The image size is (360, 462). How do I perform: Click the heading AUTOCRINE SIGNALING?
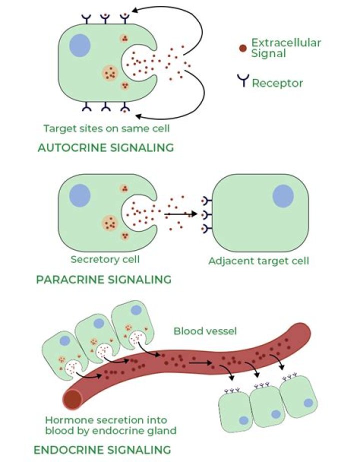105,147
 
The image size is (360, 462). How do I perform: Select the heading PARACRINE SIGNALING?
104,279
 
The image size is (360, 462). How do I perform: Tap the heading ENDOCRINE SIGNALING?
102,449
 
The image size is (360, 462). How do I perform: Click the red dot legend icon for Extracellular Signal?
242,48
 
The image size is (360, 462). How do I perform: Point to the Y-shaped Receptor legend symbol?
243,81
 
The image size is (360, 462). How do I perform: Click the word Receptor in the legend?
277,82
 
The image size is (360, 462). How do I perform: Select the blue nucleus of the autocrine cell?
79,46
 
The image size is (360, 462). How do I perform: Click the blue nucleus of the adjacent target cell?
283,195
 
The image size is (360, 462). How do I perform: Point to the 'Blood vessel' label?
197,331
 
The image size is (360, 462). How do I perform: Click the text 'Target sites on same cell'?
106,128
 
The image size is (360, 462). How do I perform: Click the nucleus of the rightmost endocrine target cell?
308,402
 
